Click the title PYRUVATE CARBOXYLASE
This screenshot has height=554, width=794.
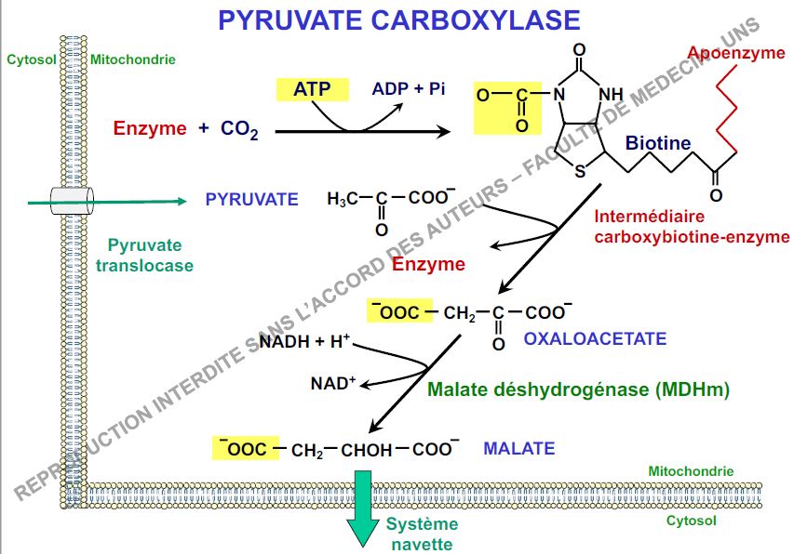point(398,20)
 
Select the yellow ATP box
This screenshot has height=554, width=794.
point(312,89)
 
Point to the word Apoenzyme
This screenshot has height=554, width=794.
point(737,53)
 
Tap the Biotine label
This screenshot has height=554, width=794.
point(658,143)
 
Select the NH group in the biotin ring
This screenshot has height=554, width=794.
point(612,94)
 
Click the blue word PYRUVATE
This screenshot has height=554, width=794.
point(251,199)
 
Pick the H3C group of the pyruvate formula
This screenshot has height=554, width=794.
point(342,199)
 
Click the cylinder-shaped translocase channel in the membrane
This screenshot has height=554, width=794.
point(74,199)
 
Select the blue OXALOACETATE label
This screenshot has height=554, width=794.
point(595,338)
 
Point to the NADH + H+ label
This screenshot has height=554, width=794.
point(304,341)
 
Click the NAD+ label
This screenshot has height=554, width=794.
point(333,382)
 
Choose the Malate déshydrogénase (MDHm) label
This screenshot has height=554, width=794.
point(578,389)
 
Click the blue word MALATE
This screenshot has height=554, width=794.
point(518,448)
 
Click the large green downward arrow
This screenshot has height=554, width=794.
point(362,513)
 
